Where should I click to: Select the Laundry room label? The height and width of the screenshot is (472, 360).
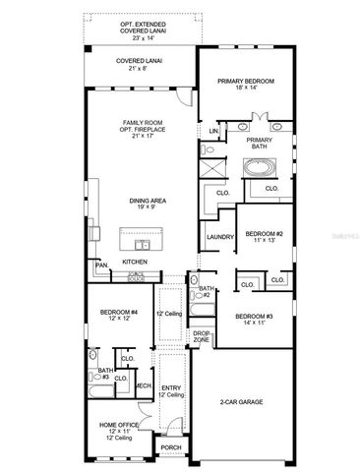tap(219, 237)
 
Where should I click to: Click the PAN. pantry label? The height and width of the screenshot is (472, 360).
tap(101, 265)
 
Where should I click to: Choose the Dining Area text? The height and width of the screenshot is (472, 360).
tap(146, 202)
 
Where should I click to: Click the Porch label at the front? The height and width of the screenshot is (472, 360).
tap(171, 446)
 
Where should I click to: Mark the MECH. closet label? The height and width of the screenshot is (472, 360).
tap(143, 385)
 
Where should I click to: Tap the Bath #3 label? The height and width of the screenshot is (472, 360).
tap(104, 372)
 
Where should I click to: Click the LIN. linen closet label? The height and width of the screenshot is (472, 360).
tap(213, 130)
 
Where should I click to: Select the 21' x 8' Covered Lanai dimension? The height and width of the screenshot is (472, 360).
tap(139, 70)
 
